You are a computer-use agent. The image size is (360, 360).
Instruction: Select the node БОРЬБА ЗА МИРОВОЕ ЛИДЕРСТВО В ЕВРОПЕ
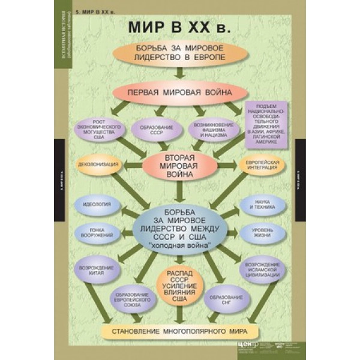coord(179,53)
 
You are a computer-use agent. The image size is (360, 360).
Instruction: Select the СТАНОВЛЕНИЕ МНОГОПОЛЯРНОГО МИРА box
coord(179,331)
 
